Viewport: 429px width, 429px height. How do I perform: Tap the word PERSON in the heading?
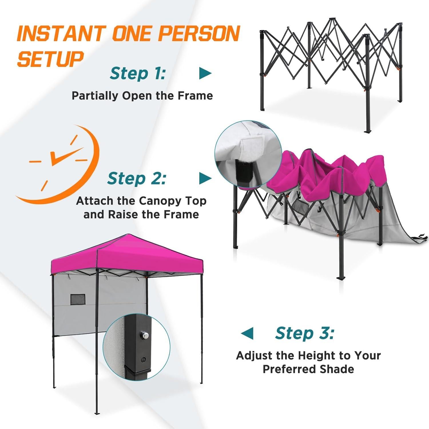point(198,33)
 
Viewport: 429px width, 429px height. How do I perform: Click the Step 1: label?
point(138,74)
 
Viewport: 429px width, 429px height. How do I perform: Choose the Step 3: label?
point(305,333)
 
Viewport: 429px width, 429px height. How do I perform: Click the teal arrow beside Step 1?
point(205,74)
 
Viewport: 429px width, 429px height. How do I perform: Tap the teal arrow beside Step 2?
point(205,178)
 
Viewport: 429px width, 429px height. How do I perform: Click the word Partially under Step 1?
point(96,96)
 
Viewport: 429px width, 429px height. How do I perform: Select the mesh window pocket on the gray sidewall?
point(78,299)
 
